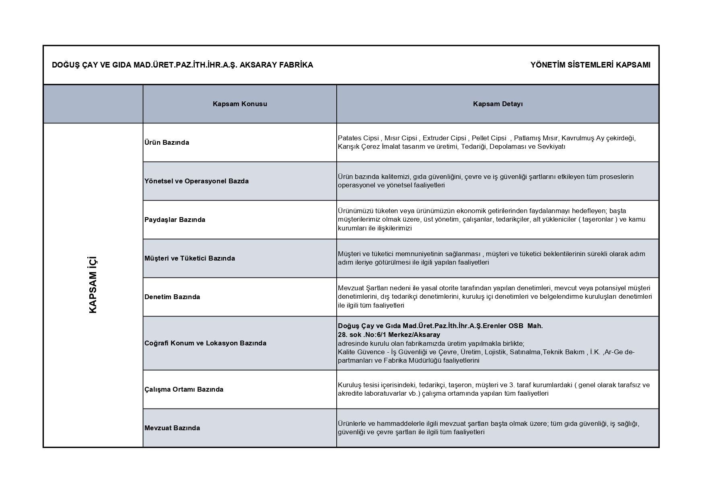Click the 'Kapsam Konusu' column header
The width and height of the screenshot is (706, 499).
pos(240,104)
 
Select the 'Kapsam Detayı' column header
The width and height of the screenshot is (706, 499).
pos(498,104)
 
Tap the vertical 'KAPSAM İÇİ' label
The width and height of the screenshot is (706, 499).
pos(93,285)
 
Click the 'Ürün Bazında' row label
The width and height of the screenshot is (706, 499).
pos(167,142)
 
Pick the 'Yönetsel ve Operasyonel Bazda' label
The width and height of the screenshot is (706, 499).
pos(196,181)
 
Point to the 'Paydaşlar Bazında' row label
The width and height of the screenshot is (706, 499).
pos(175,220)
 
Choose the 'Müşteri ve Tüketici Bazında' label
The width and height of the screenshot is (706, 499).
pos(189,258)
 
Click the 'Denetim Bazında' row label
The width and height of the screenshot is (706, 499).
pos(172,297)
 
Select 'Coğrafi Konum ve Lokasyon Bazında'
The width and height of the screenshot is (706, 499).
pos(205,343)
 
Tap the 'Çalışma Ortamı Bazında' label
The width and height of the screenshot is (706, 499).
pos(184,389)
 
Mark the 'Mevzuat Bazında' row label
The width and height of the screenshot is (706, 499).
pos(172,428)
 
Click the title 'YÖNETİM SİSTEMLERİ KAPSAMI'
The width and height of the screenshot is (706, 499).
pos(590,65)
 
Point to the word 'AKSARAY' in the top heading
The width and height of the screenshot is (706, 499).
pos(256,65)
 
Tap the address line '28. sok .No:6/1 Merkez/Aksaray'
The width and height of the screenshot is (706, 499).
pos(389,335)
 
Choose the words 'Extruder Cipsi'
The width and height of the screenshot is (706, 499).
pos(444,138)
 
